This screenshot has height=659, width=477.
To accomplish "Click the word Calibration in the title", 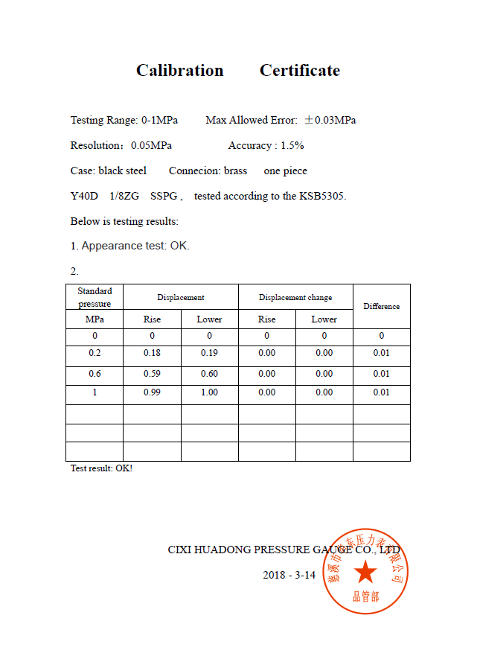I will pos(179,71).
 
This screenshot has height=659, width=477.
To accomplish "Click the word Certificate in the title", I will pos(299,71).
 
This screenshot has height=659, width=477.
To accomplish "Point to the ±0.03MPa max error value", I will pos(329,120).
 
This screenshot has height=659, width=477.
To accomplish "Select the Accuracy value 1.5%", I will pos(292,145).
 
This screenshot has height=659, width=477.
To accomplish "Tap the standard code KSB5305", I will pos(322,196).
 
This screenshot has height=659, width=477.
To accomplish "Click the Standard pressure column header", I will pos(95,297).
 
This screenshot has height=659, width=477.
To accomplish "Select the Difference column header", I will pos(381,306).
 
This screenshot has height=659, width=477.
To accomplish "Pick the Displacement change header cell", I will pos(295,297).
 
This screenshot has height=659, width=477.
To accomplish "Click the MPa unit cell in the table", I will pos(95,319).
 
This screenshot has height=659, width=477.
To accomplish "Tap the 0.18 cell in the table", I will pos(152,353).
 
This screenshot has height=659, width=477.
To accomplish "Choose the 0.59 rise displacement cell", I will pos(152,374).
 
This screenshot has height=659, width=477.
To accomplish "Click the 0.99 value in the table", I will pos(152,392).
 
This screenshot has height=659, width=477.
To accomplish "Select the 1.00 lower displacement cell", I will pos(209,392).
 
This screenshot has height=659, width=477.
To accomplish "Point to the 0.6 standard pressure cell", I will pos(95,374).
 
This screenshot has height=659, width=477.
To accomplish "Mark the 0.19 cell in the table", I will pos(209,353).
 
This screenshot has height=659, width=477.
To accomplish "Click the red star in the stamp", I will pos(365,573).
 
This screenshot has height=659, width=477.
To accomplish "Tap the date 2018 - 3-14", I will pos(289,575).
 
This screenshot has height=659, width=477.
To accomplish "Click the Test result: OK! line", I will pos(101,468).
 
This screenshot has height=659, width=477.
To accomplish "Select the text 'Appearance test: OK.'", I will pos(135,246).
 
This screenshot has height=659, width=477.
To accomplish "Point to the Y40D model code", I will pos(84,196).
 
